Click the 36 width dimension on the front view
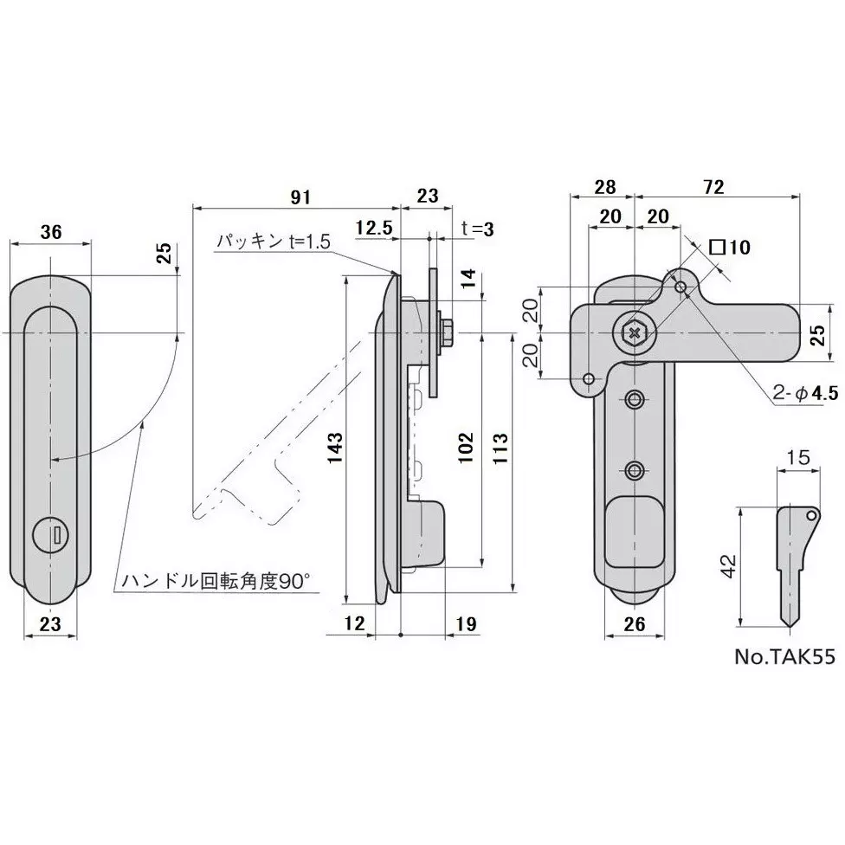click(51, 232)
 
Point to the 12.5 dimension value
click(374, 228)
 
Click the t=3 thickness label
click(477, 229)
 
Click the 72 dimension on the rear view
click(714, 186)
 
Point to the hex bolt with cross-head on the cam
click(635, 332)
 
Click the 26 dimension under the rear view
click(635, 623)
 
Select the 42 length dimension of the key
click(729, 567)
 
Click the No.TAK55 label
click(784, 656)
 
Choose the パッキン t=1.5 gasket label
click(274, 242)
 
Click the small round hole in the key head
click(812, 515)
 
